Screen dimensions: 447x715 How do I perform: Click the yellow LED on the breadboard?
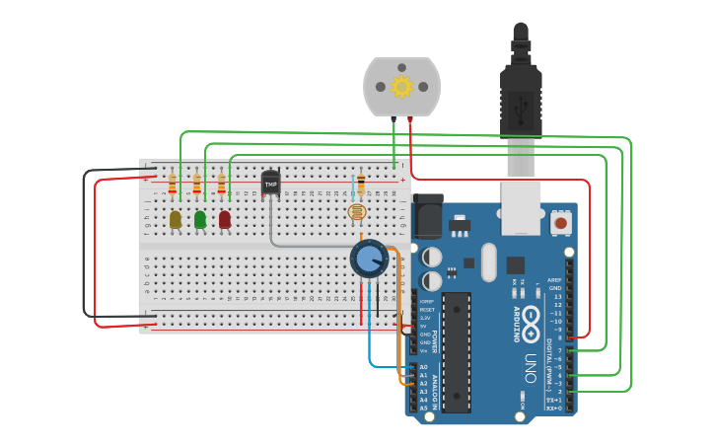(176, 219)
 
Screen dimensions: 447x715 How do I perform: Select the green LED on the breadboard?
(200, 219)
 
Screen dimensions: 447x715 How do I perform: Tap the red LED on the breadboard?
(225, 219)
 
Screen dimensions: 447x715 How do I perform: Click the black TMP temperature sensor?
(270, 183)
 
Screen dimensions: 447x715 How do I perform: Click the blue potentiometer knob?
(369, 259)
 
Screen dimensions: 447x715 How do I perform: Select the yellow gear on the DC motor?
(401, 86)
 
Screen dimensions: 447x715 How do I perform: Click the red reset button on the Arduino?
(560, 223)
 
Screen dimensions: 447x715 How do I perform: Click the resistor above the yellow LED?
(173, 185)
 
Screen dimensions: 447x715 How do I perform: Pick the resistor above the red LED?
(222, 185)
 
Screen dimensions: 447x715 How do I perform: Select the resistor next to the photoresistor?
(361, 184)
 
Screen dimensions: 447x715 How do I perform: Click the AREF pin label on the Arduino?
(555, 280)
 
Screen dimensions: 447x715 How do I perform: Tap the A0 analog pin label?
(423, 367)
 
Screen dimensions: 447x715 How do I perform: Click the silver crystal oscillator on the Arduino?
(488, 261)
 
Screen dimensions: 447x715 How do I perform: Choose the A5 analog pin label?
(423, 408)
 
